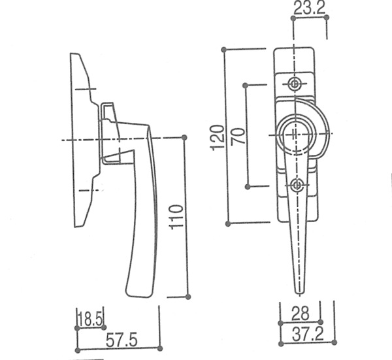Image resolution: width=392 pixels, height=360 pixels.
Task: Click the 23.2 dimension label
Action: [x=310, y=8]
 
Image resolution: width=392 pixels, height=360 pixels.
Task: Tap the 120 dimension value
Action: [x=216, y=138]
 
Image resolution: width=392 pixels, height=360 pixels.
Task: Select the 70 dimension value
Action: [x=238, y=136]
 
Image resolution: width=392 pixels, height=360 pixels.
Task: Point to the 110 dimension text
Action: [x=176, y=217]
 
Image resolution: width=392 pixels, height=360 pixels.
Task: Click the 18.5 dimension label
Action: [x=90, y=319]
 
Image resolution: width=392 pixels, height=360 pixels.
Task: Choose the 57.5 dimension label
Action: [x=122, y=340]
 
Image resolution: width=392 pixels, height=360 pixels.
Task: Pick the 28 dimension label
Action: [x=300, y=314]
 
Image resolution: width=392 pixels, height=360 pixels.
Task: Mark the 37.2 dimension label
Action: [x=308, y=335]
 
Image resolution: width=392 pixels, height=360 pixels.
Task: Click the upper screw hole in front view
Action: [x=295, y=84]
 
